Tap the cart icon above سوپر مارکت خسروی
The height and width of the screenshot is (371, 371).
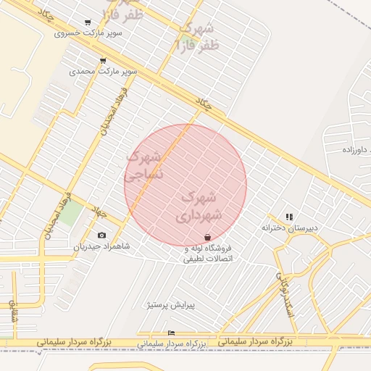point(88,23)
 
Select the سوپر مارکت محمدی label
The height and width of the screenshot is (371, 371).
point(103,72)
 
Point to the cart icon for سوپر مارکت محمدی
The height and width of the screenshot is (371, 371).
point(102,62)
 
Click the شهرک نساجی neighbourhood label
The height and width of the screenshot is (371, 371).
point(144,165)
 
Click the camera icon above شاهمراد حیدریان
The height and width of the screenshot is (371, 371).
point(101,235)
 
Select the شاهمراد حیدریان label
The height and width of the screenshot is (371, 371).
point(101,246)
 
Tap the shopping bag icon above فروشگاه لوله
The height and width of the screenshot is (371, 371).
point(208,237)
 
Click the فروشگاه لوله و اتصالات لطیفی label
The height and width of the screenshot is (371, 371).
point(207,253)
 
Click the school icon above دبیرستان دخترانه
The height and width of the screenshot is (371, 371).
point(289,217)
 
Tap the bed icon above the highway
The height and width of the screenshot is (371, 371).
point(171,333)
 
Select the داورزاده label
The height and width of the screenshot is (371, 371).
point(355,149)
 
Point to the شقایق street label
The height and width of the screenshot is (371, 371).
point(14,311)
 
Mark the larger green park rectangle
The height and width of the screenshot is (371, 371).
point(70,213)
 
